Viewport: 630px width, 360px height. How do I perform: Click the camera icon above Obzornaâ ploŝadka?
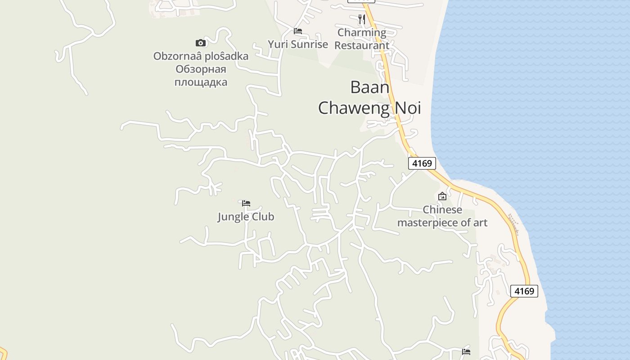click(201, 43)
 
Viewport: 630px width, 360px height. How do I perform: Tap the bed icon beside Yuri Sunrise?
click(297, 31)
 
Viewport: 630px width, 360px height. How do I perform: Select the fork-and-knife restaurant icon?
click(361, 19)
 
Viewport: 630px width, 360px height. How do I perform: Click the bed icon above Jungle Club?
click(246, 203)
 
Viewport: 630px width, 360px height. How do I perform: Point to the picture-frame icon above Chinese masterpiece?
click(442, 196)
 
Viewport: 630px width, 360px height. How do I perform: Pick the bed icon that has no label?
click(466, 351)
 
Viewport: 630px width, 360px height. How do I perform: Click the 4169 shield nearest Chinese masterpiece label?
click(422, 163)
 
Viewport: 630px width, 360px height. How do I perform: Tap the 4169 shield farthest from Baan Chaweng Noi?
click(524, 291)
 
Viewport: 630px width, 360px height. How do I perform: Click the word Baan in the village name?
click(369, 87)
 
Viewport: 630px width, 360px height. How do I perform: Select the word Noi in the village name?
click(406, 108)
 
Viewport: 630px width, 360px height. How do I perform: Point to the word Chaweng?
click(354, 108)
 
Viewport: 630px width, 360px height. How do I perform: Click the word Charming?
click(362, 32)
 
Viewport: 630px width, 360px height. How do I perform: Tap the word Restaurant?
click(362, 45)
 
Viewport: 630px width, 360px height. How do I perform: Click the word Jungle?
click(234, 217)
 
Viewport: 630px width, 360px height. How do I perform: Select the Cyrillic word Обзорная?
click(201, 69)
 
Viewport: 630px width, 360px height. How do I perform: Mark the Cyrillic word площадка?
click(201, 82)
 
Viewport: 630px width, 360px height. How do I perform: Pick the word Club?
click(263, 217)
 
